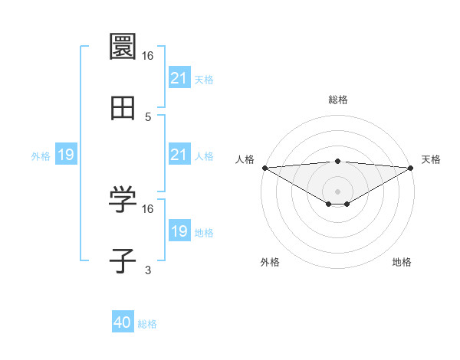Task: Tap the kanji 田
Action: tap(123, 109)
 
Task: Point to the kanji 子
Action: tap(123, 261)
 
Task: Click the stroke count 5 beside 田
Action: tap(148, 116)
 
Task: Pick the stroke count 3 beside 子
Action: tap(148, 270)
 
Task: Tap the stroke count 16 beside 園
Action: tap(148, 55)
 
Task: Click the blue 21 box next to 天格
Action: tap(179, 78)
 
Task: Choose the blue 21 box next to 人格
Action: tap(179, 155)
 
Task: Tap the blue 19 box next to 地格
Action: tap(179, 231)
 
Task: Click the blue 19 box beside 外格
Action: tap(66, 155)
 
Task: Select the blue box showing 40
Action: tap(123, 323)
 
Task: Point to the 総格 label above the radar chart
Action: tap(338, 100)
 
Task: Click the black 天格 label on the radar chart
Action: tap(431, 159)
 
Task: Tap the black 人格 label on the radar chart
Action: tap(245, 159)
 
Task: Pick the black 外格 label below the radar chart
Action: tap(270, 262)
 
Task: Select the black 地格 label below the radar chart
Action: tap(402, 262)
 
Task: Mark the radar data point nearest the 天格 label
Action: tap(412, 168)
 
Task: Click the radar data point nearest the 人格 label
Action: tap(264, 168)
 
